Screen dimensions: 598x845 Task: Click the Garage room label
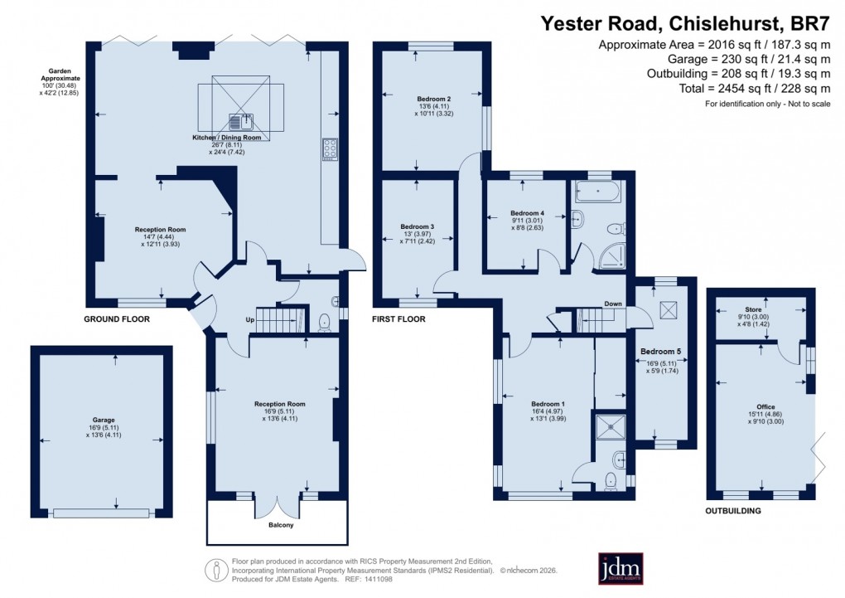pyautogui.click(x=104, y=421)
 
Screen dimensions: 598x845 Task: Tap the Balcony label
pyautogui.click(x=281, y=524)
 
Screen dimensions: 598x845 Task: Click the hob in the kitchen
pyautogui.click(x=329, y=148)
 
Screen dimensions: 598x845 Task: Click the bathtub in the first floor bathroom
pyautogui.click(x=596, y=192)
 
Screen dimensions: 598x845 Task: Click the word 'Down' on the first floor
pyautogui.click(x=613, y=304)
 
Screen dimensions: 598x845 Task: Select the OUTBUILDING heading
pyautogui.click(x=732, y=511)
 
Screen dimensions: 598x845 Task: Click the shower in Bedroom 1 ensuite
pyautogui.click(x=612, y=426)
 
